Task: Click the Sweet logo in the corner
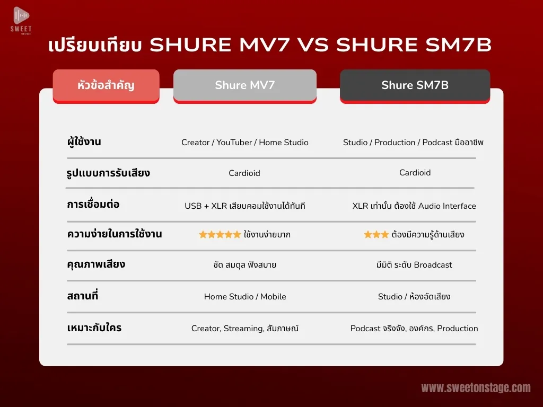pos(21,21)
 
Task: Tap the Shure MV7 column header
pos(245,86)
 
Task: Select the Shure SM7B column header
pos(415,86)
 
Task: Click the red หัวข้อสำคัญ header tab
pos(106,86)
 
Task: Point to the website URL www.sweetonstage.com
pos(476,387)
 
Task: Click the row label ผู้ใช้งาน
pos(84,142)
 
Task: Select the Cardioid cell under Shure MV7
pos(244,173)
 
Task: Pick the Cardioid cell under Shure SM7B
pos(415,173)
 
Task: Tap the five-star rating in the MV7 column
pos(220,235)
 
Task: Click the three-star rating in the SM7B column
pos(376,235)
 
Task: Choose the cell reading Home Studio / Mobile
pos(245,297)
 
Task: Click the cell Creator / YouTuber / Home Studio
pos(245,142)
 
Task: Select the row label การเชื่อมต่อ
pos(93,204)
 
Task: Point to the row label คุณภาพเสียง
pos(96,265)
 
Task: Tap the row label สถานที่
pos(82,296)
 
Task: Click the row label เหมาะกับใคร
pos(94,328)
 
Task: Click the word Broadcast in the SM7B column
pos(433,265)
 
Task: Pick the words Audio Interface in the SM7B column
pos(447,206)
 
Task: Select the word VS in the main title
pos(313,45)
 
